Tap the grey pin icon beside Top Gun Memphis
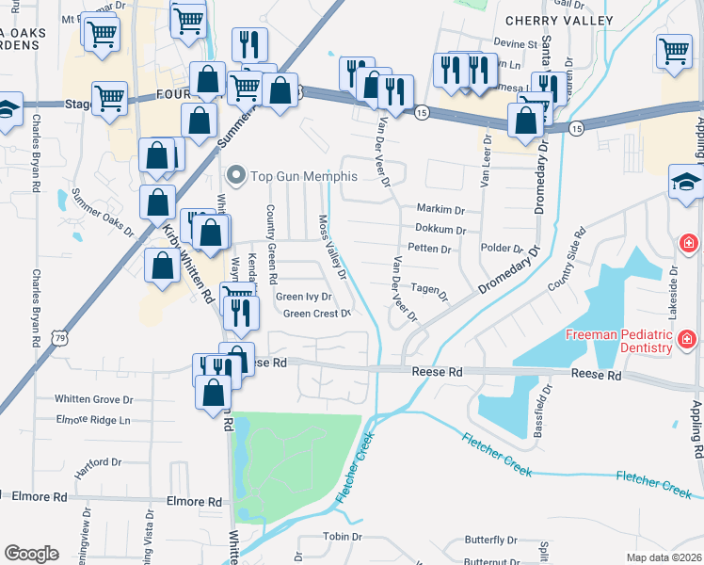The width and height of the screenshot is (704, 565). point(236,176)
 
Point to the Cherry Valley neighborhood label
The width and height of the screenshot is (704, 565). point(559,20)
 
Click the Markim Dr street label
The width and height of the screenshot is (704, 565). point(440,208)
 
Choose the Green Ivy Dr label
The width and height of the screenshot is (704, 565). point(304,297)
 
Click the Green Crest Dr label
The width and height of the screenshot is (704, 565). point(316,314)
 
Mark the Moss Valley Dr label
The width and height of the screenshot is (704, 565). point(332,247)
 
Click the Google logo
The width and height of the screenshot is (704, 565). point(31,554)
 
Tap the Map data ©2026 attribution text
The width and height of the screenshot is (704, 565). point(663,557)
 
